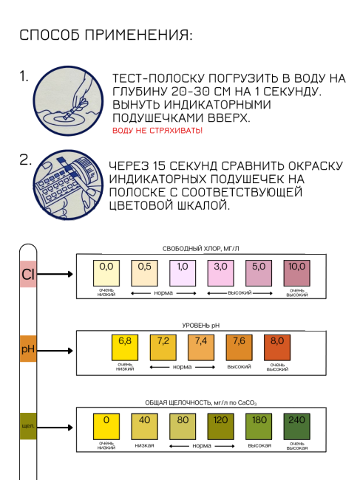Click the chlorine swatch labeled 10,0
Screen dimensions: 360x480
tap(296, 273)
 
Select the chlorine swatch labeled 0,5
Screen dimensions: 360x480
tap(144, 273)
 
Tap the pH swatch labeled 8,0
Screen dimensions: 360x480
tap(277, 348)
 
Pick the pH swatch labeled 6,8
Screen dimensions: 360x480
tap(125, 348)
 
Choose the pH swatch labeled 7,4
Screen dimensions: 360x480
tap(201, 348)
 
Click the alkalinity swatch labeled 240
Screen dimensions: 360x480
tap(296, 426)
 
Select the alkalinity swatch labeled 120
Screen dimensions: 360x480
tap(220, 426)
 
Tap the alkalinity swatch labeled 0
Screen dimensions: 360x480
tap(106, 426)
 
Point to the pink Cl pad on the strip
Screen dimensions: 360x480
tap(28, 274)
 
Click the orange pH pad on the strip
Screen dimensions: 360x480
tap(28, 349)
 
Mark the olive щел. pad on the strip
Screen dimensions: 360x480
tap(28, 426)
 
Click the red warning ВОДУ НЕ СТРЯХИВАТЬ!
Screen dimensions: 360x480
tap(157, 131)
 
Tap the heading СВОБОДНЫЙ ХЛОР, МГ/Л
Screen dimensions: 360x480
tap(200, 249)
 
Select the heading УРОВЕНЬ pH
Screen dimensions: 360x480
tap(201, 326)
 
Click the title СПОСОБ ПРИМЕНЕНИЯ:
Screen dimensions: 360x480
tap(106, 35)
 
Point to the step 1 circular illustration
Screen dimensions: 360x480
tap(68, 100)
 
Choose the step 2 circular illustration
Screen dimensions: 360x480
tap(68, 185)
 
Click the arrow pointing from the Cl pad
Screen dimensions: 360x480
tap(55, 274)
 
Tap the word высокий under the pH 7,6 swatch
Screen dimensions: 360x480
tap(239, 367)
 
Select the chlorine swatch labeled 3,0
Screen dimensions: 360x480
tap(220, 273)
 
